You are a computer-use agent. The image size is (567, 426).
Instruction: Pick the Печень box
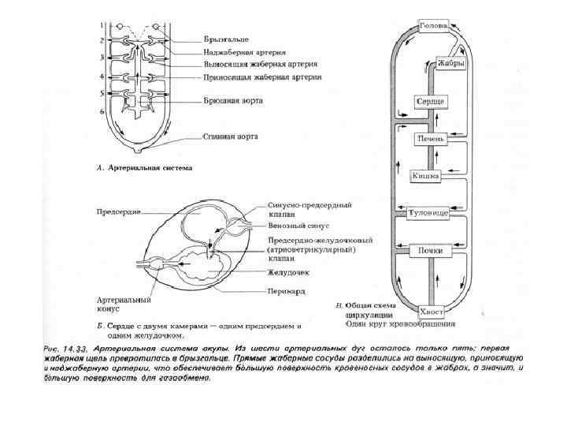point(432,139)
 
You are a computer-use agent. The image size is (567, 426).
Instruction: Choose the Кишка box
point(425,176)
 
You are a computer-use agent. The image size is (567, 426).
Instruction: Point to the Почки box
point(431,251)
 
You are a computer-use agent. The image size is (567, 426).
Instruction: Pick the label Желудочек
point(287,272)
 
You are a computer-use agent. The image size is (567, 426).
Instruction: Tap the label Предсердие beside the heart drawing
point(118,212)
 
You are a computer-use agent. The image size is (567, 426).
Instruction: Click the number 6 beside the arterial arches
point(102,111)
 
